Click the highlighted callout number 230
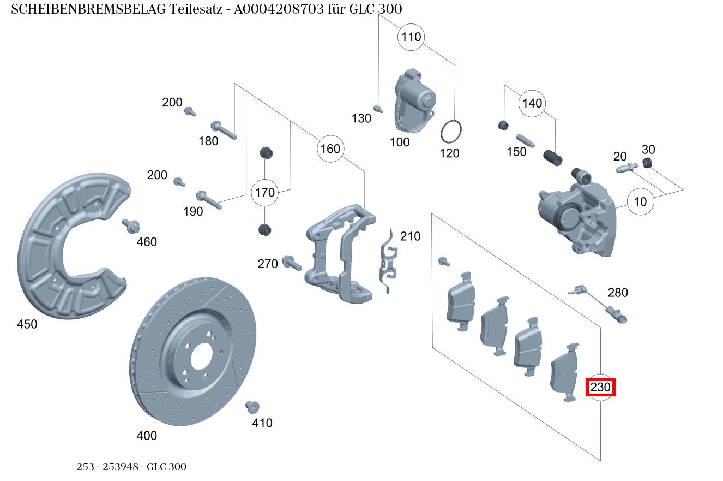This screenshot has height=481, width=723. [x=600, y=388]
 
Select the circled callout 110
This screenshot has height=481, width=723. [x=411, y=37]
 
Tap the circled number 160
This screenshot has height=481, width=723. [x=330, y=149]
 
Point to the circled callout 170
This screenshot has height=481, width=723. [x=265, y=193]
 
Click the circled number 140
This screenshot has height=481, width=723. [x=532, y=104]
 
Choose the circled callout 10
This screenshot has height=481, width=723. [x=640, y=202]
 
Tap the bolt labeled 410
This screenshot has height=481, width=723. [x=252, y=406]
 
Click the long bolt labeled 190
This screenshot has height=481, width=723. [x=208, y=199]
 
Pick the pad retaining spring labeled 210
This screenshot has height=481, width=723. [x=387, y=262]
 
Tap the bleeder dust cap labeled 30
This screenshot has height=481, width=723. [x=647, y=163]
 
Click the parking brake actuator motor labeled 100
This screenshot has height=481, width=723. [x=414, y=101]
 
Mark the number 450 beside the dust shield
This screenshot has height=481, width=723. [x=27, y=324]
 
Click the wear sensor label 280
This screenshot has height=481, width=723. [x=618, y=293]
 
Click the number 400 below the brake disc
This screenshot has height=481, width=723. [x=147, y=436]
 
